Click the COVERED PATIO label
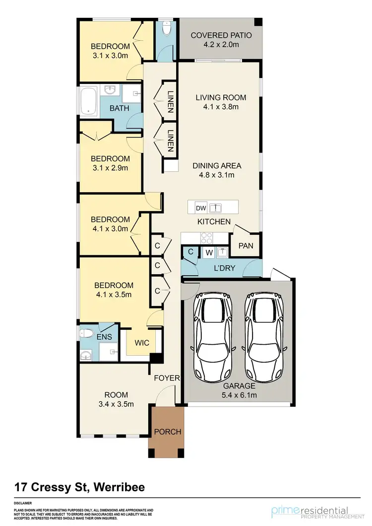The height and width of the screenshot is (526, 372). click(221, 36)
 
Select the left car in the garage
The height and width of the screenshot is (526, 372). click(211, 336)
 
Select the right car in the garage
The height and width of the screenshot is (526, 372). click(264, 336)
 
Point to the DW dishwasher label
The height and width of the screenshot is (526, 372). click(201, 208)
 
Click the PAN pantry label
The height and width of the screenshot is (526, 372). click(246, 245)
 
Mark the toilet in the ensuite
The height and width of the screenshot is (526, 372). click(87, 334)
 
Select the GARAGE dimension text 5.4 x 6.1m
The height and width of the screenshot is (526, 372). click(239, 395)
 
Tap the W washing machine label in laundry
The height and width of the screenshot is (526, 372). click(209, 252)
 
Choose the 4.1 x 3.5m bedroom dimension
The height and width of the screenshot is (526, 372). click(114, 295)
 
